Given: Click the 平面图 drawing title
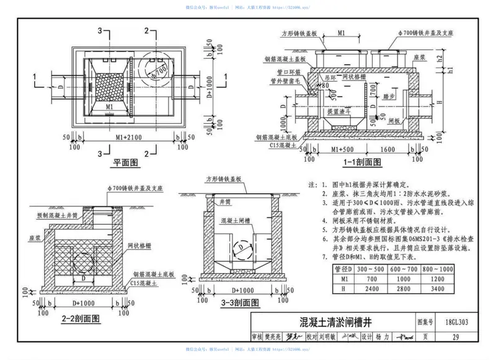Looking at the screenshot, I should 123,164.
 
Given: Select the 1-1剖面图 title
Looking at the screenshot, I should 363,162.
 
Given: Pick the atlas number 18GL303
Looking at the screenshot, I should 456,323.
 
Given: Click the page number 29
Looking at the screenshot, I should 456,337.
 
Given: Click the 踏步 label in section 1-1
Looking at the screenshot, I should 388,97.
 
